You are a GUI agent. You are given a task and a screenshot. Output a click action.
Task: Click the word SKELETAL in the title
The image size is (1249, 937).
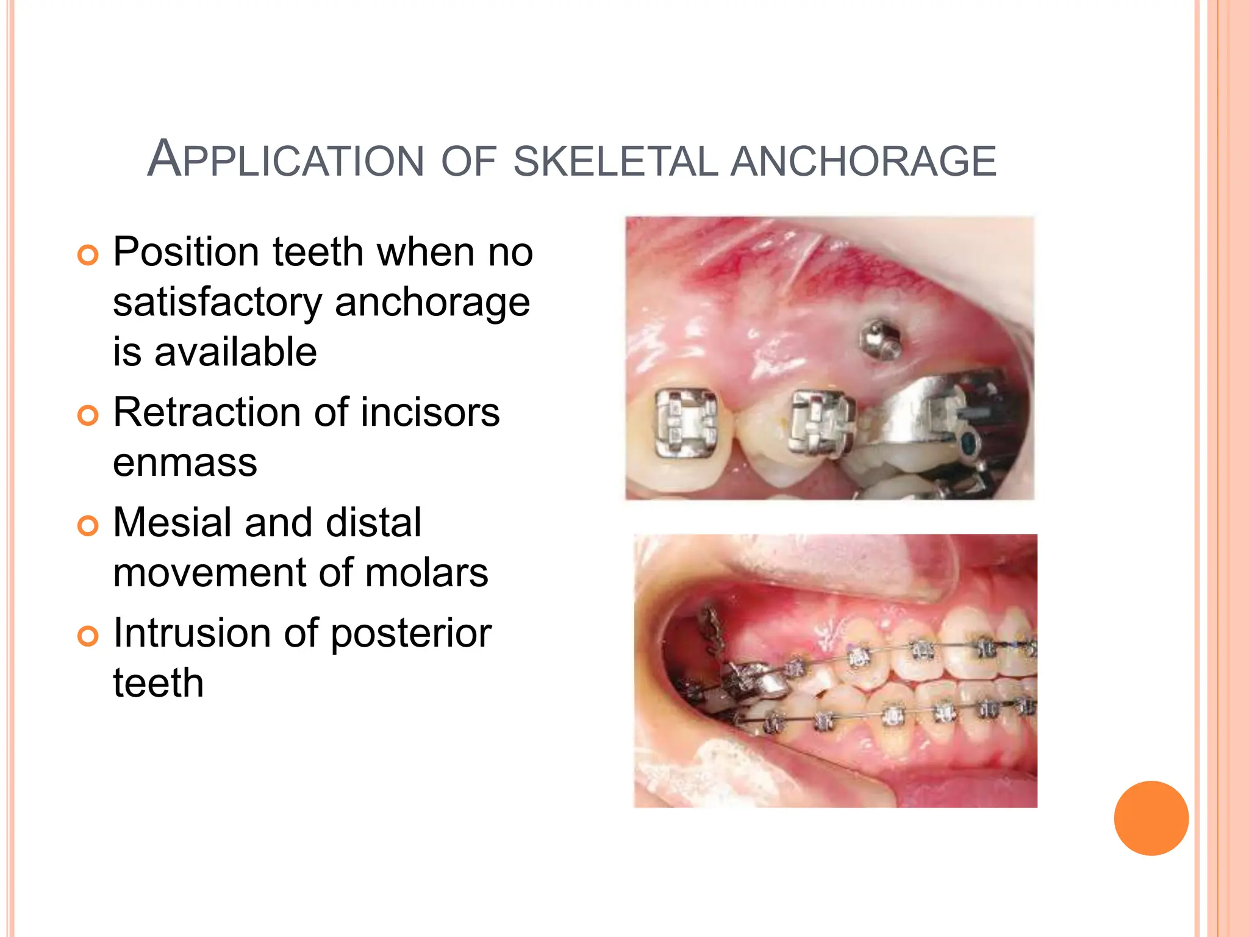click(x=616, y=162)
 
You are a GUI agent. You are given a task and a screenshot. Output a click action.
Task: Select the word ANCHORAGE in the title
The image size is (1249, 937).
click(x=863, y=162)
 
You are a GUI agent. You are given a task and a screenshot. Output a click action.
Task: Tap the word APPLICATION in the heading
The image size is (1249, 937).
click(x=285, y=160)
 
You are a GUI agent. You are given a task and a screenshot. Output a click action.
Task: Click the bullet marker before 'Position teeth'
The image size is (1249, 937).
click(x=88, y=255)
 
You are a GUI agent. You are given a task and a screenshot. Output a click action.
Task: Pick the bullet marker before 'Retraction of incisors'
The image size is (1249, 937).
click(x=88, y=415)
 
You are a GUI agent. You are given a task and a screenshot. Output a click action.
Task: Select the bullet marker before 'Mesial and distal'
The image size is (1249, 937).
click(x=88, y=525)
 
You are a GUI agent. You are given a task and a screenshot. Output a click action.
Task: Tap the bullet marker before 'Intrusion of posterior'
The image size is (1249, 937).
click(x=88, y=636)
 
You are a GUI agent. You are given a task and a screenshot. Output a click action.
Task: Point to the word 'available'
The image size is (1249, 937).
click(x=235, y=353)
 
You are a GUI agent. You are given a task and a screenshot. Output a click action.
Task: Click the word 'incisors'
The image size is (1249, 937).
click(x=430, y=413)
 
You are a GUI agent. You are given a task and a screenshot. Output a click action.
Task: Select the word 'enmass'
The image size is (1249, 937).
click(x=185, y=463)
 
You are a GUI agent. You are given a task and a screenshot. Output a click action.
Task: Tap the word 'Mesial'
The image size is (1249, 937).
click(x=172, y=523)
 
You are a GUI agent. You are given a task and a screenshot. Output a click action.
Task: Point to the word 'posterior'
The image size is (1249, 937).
click(x=410, y=634)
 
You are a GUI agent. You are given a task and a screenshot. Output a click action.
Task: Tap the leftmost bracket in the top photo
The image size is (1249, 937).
click(x=685, y=423)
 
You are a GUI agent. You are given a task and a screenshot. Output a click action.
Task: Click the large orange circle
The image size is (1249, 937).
click(x=1151, y=818)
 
